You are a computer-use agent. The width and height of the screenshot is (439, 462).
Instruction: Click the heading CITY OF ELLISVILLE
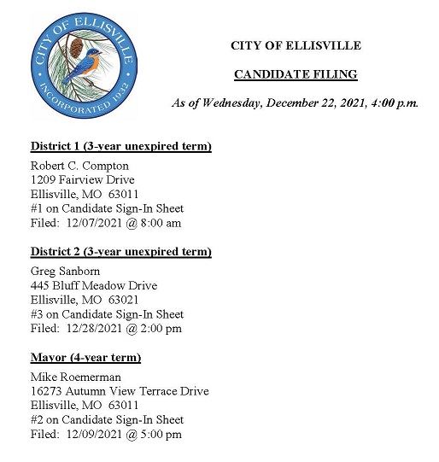click(296, 45)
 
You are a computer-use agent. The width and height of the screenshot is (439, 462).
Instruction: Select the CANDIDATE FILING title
click(296, 74)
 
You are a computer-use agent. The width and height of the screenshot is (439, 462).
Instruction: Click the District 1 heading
click(120, 146)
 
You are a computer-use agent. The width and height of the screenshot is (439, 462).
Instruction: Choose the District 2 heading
click(120, 252)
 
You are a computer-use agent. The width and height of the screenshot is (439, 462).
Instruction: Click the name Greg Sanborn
click(65, 271)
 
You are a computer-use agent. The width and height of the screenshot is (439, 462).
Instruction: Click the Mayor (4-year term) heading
click(85, 358)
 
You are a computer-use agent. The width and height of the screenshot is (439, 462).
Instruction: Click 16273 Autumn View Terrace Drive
click(119, 391)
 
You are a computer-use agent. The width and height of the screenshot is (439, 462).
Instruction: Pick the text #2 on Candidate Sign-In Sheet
click(107, 420)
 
